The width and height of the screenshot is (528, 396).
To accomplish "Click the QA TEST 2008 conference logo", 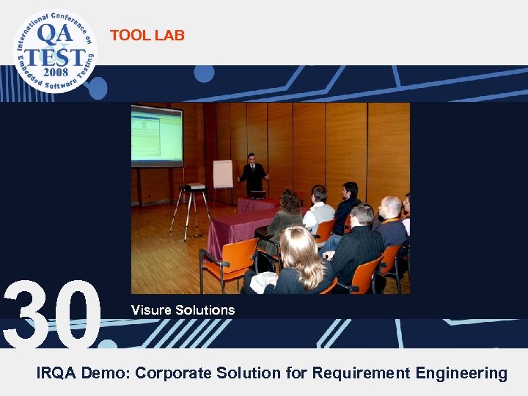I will tap(54, 50).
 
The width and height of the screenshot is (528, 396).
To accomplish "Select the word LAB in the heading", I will tap(170, 35).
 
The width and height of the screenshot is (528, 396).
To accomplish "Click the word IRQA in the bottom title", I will tap(56, 373).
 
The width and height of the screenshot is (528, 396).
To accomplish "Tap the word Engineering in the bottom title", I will tap(461, 373).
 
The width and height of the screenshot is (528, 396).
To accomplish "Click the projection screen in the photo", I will tap(156, 136).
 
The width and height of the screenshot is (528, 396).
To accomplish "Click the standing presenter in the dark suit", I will tap(253, 176).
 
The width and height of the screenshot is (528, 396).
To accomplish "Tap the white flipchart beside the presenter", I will tap(222, 174).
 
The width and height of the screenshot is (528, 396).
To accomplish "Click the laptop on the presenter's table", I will tap(257, 194).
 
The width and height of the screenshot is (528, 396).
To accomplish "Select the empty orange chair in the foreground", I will tap(224, 260).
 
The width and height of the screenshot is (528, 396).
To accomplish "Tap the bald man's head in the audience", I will tap(391, 208).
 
